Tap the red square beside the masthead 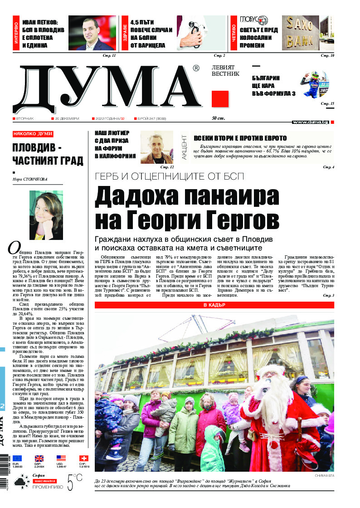pos(220,99)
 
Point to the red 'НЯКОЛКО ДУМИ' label pos(33,134)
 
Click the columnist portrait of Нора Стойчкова pos(46,215)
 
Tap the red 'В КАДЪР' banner pos(214,305)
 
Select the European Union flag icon pos(17,458)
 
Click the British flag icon pos(39,458)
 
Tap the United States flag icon pos(61,458)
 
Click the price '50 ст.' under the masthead pos(219,119)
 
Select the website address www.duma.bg pos(311,122)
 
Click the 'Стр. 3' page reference pos(328,296)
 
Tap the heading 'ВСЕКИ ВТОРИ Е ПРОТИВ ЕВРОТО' pos(240,138)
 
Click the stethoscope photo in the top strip pos(200,33)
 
